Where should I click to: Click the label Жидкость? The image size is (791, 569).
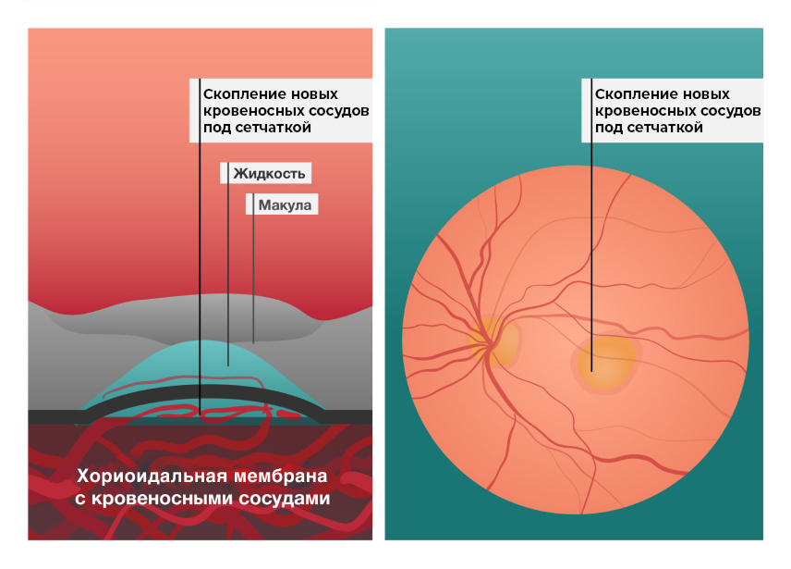(269, 173)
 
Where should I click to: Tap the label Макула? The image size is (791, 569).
(286, 204)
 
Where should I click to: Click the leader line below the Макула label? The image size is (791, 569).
(254, 278)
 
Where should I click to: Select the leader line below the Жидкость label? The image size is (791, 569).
(227, 278)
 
